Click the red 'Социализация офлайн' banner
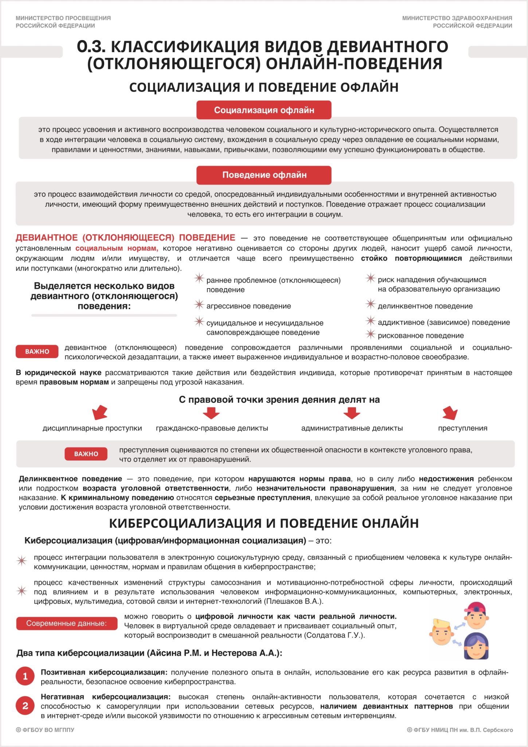pyautogui.click(x=264, y=110)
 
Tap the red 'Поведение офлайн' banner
pyautogui.click(x=264, y=175)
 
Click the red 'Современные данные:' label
pyautogui.click(x=67, y=623)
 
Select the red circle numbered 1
pyautogui.click(x=25, y=677)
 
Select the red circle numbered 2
pyautogui.click(x=25, y=706)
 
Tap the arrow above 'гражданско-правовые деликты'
pyautogui.click(x=211, y=413)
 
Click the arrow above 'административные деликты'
pyautogui.click(x=352, y=413)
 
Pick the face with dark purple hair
pyautogui.click(x=476, y=646)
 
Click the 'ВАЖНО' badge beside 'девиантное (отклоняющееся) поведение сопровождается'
pyautogui.click(x=37, y=352)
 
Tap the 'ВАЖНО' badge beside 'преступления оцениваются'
pyautogui.click(x=86, y=454)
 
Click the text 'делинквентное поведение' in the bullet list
pyautogui.click(x=425, y=306)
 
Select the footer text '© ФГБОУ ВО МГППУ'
pyautogui.click(x=45, y=730)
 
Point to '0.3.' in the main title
pyautogui.click(x=91, y=47)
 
